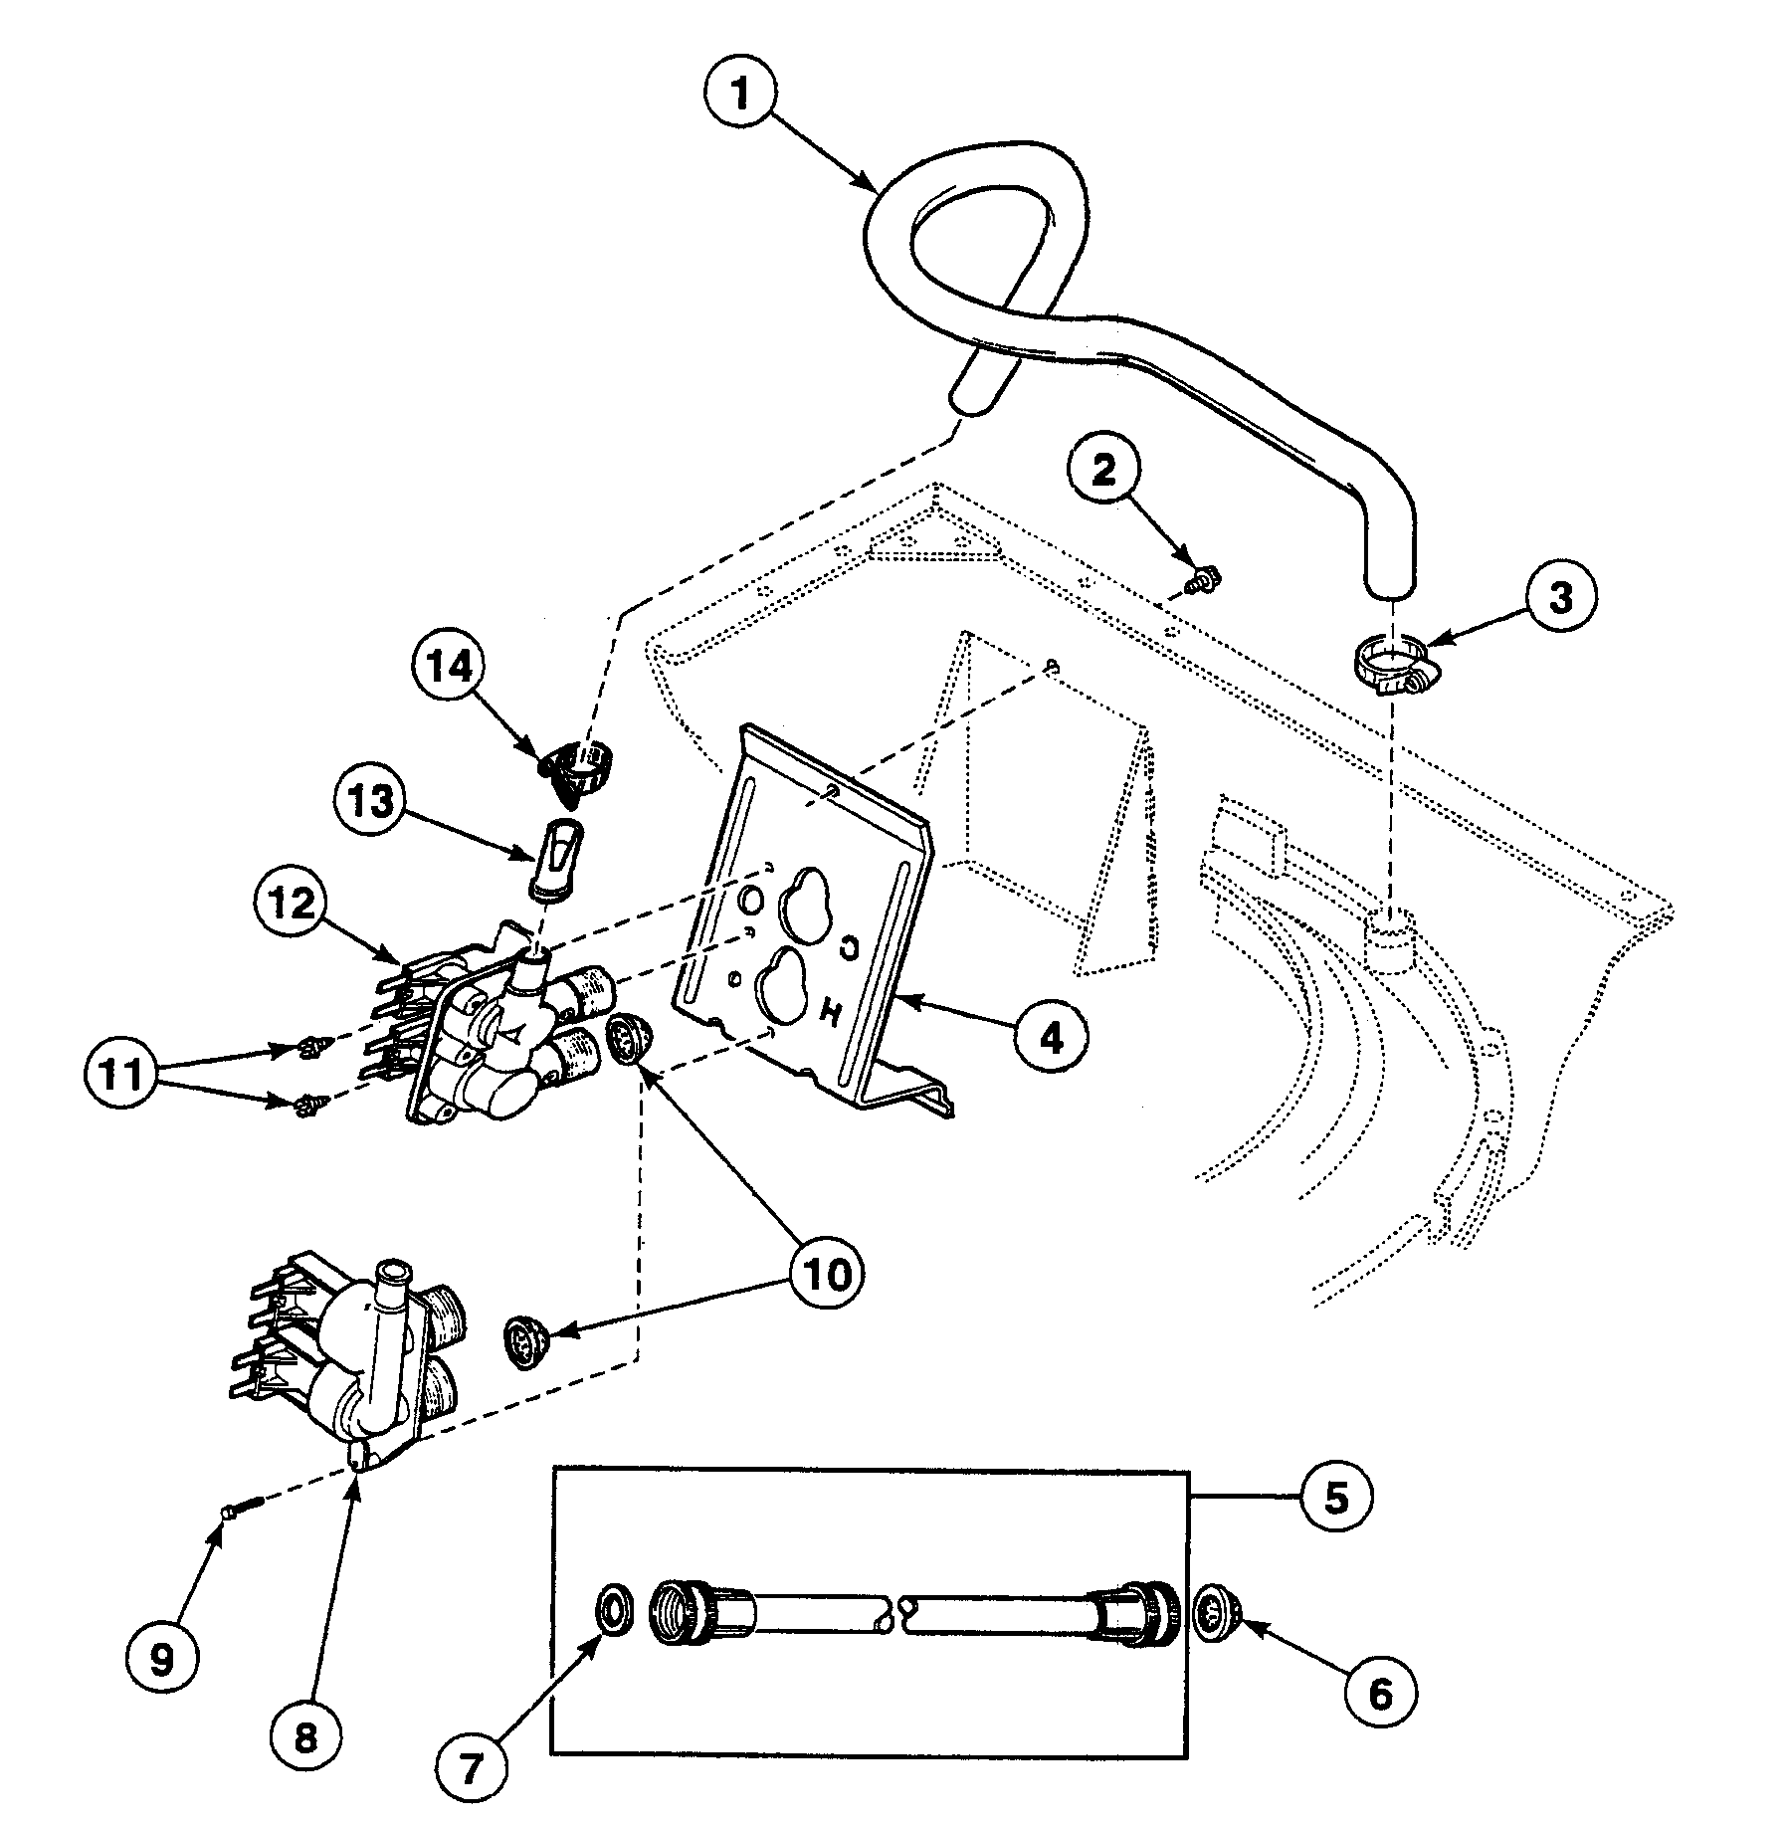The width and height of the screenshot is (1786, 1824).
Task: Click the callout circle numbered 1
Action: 737,95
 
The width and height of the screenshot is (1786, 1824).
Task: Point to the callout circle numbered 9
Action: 162,1657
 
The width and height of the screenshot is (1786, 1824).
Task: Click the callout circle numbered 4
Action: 1052,1038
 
